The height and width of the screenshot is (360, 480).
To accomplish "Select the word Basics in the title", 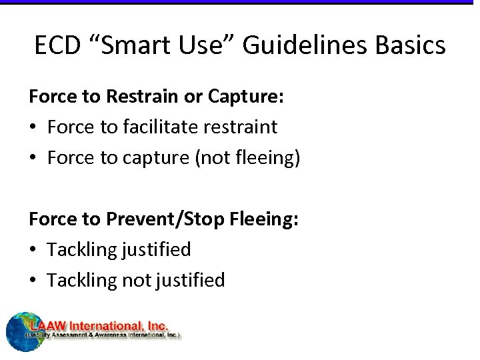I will click(x=410, y=45).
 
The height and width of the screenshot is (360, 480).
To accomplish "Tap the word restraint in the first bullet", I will click(x=243, y=127).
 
